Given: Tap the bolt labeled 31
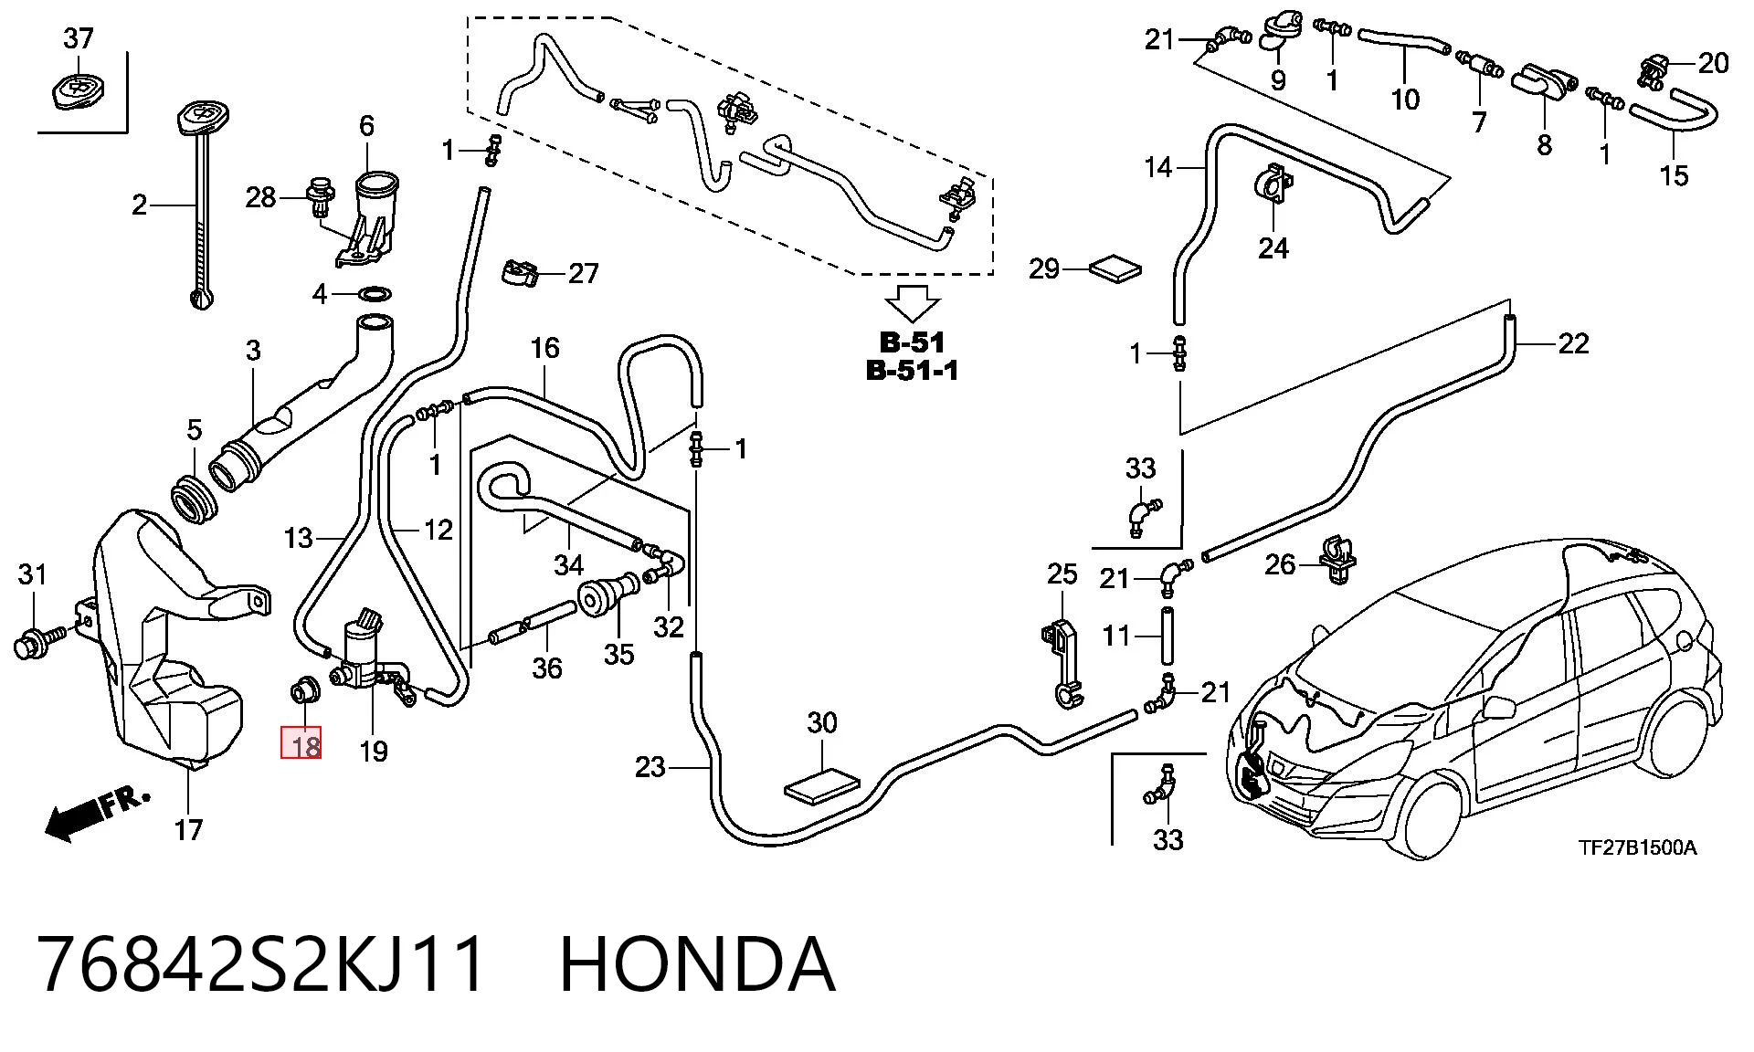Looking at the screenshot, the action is [38, 640].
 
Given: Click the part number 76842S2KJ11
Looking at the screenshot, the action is [261, 964].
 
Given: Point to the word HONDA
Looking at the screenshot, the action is [697, 964].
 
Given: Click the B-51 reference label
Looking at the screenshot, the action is [913, 343].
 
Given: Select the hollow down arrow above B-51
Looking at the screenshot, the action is [913, 303].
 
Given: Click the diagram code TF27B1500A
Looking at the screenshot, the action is [1638, 847].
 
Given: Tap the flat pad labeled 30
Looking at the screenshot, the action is [822, 786].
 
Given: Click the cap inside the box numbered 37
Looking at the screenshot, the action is [78, 92].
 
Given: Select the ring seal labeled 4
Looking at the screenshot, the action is [375, 294].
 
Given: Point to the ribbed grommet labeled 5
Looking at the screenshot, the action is [195, 500].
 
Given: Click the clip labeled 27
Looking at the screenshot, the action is [521, 272].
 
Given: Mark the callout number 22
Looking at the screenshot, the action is [1573, 344].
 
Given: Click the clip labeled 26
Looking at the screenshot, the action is [1336, 562].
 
